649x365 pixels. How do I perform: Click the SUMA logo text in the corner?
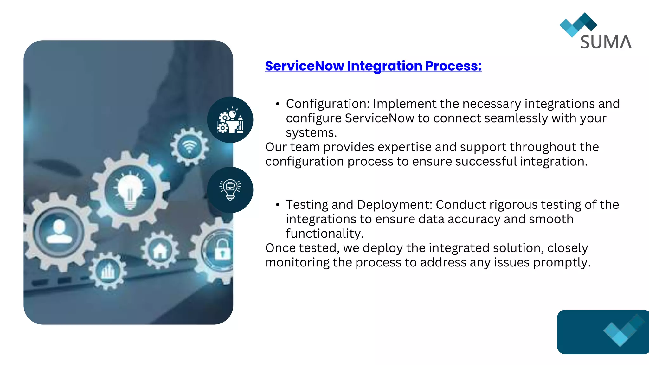(x=606, y=42)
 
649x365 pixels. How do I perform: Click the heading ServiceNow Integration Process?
(x=373, y=66)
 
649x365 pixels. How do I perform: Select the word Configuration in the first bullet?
(x=327, y=104)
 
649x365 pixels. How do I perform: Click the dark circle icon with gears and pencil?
(x=230, y=120)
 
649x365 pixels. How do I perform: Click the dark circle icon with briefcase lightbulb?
(x=230, y=190)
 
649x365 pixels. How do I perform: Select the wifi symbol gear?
(x=190, y=147)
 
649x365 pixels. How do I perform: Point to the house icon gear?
(x=160, y=250)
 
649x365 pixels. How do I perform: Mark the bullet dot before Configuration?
(x=278, y=104)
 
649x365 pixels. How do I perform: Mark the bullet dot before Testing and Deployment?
(x=278, y=205)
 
